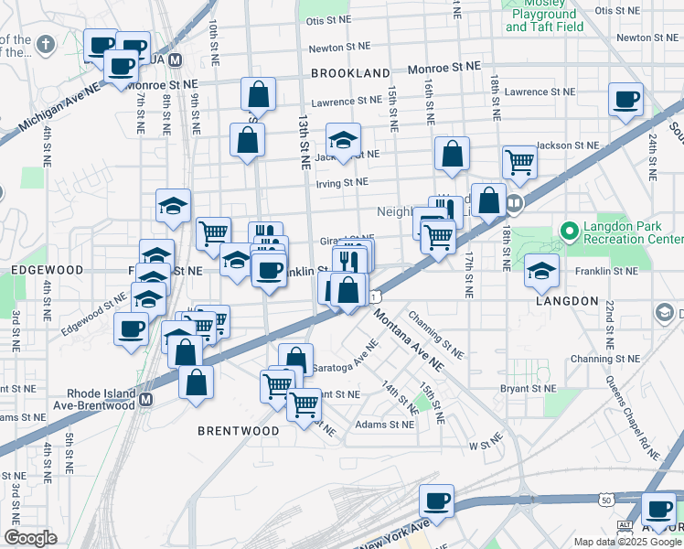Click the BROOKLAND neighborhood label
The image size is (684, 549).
[350, 71]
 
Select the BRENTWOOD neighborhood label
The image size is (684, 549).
[239, 430]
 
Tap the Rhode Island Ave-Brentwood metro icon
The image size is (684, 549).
[144, 400]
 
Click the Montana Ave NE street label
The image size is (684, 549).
[409, 337]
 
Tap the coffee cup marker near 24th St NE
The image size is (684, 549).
[625, 100]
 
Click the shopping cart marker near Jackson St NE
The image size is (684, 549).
[518, 162]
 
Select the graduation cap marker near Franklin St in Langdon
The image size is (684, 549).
[541, 271]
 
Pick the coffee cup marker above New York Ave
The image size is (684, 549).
[436, 501]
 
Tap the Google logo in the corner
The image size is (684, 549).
[30, 538]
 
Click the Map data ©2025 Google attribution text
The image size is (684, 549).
[626, 542]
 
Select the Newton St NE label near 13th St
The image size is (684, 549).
[339, 46]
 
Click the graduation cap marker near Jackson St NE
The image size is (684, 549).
[343, 140]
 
